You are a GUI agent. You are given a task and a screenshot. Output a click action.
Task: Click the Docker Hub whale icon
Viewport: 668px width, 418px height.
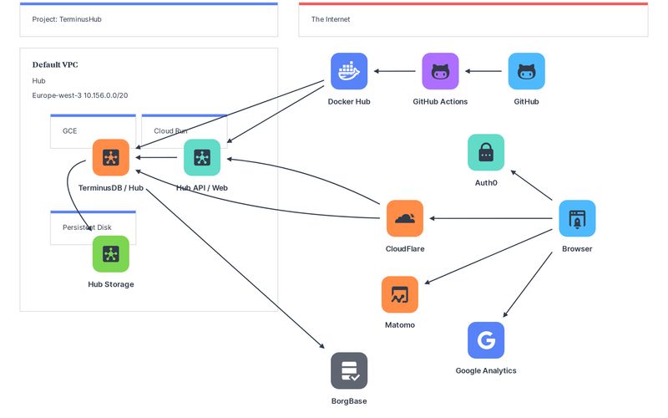tap(349, 71)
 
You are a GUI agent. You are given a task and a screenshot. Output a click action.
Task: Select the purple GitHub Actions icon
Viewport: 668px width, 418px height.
tap(440, 71)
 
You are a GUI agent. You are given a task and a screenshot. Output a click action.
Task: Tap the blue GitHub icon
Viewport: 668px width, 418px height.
tap(526, 71)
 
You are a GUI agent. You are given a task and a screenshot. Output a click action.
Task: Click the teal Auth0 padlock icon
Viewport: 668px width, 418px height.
tap(485, 152)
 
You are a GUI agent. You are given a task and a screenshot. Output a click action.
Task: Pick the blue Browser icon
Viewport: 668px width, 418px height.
tap(577, 218)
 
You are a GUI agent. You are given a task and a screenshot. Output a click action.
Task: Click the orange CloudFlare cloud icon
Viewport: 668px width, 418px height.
tap(405, 218)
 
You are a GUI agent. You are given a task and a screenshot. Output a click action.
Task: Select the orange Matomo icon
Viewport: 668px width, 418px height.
tap(399, 294)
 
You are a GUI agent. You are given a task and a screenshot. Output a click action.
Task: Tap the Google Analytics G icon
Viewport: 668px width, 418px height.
tap(486, 340)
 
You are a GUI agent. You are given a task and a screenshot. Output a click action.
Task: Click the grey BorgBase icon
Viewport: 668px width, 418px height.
tap(349, 370)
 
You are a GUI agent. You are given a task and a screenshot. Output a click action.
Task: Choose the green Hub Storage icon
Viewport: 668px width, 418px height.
tap(111, 254)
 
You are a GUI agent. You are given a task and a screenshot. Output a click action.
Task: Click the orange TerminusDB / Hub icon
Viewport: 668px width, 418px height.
tap(111, 157)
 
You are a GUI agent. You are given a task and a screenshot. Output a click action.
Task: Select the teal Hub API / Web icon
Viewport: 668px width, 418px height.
tap(202, 157)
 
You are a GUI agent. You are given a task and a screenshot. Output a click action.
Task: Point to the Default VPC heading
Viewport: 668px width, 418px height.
tap(55, 64)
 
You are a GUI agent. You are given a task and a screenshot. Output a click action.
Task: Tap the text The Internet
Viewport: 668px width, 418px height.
tap(331, 19)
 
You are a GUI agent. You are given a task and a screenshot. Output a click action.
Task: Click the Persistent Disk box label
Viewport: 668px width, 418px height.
tap(87, 227)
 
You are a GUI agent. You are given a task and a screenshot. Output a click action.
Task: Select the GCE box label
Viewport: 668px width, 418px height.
tap(69, 131)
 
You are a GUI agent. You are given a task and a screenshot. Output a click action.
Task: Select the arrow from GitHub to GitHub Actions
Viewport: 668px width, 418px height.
tap(483, 71)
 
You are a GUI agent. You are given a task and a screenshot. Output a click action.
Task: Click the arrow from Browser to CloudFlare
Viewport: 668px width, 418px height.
tap(493, 218)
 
